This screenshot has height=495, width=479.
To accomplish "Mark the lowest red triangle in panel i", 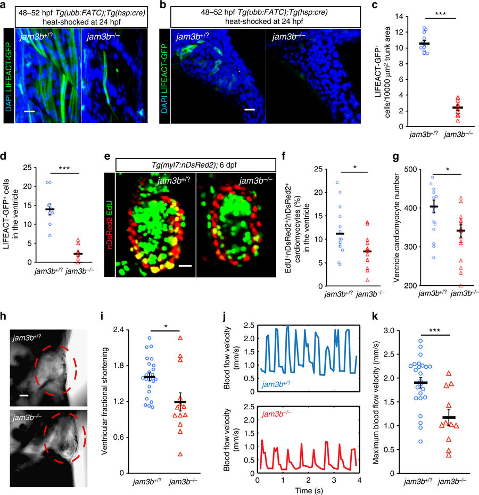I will click(180, 454).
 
